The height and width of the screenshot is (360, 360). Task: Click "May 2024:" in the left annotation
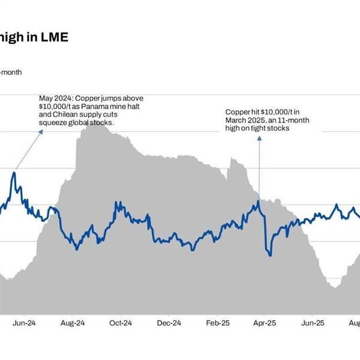[x=56, y=98]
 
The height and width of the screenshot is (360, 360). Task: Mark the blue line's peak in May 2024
[x=13, y=173]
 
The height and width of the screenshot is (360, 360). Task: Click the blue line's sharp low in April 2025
[x=270, y=256]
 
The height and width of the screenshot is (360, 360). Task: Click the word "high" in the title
[x=15, y=37]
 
